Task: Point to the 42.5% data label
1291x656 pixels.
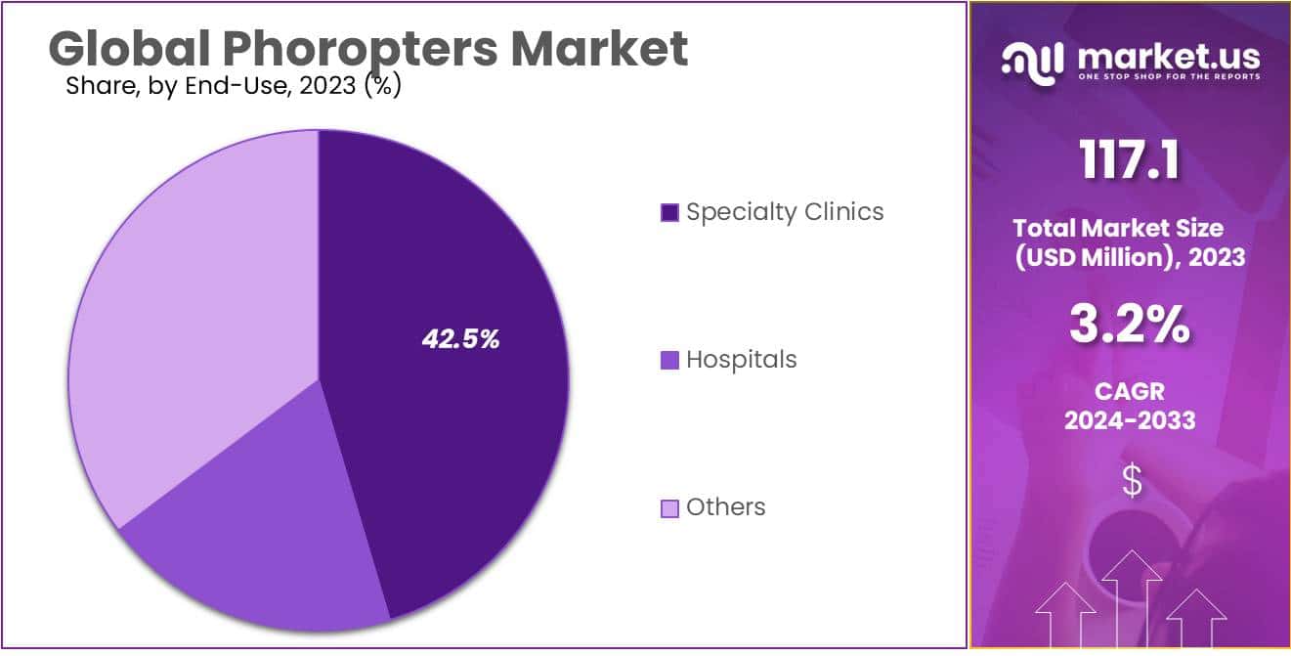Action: pyautogui.click(x=460, y=339)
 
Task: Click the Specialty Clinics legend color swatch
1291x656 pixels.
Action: pyautogui.click(x=669, y=212)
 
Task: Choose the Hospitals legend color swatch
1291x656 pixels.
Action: pyautogui.click(x=669, y=360)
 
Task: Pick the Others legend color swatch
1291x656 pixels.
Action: pyautogui.click(x=669, y=507)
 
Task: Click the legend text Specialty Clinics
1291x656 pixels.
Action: pyautogui.click(x=785, y=211)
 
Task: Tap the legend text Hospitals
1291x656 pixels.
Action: pyautogui.click(x=741, y=359)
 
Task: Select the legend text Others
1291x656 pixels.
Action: pyautogui.click(x=725, y=506)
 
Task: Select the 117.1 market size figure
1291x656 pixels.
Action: pyautogui.click(x=1129, y=159)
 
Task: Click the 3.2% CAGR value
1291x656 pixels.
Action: pyautogui.click(x=1129, y=326)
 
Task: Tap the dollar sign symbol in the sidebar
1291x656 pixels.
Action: pyautogui.click(x=1132, y=481)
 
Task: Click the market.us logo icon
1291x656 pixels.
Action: pyautogui.click(x=1034, y=63)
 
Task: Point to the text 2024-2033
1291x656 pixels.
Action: pyautogui.click(x=1129, y=420)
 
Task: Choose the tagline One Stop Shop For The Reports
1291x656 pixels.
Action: pyautogui.click(x=1169, y=76)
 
